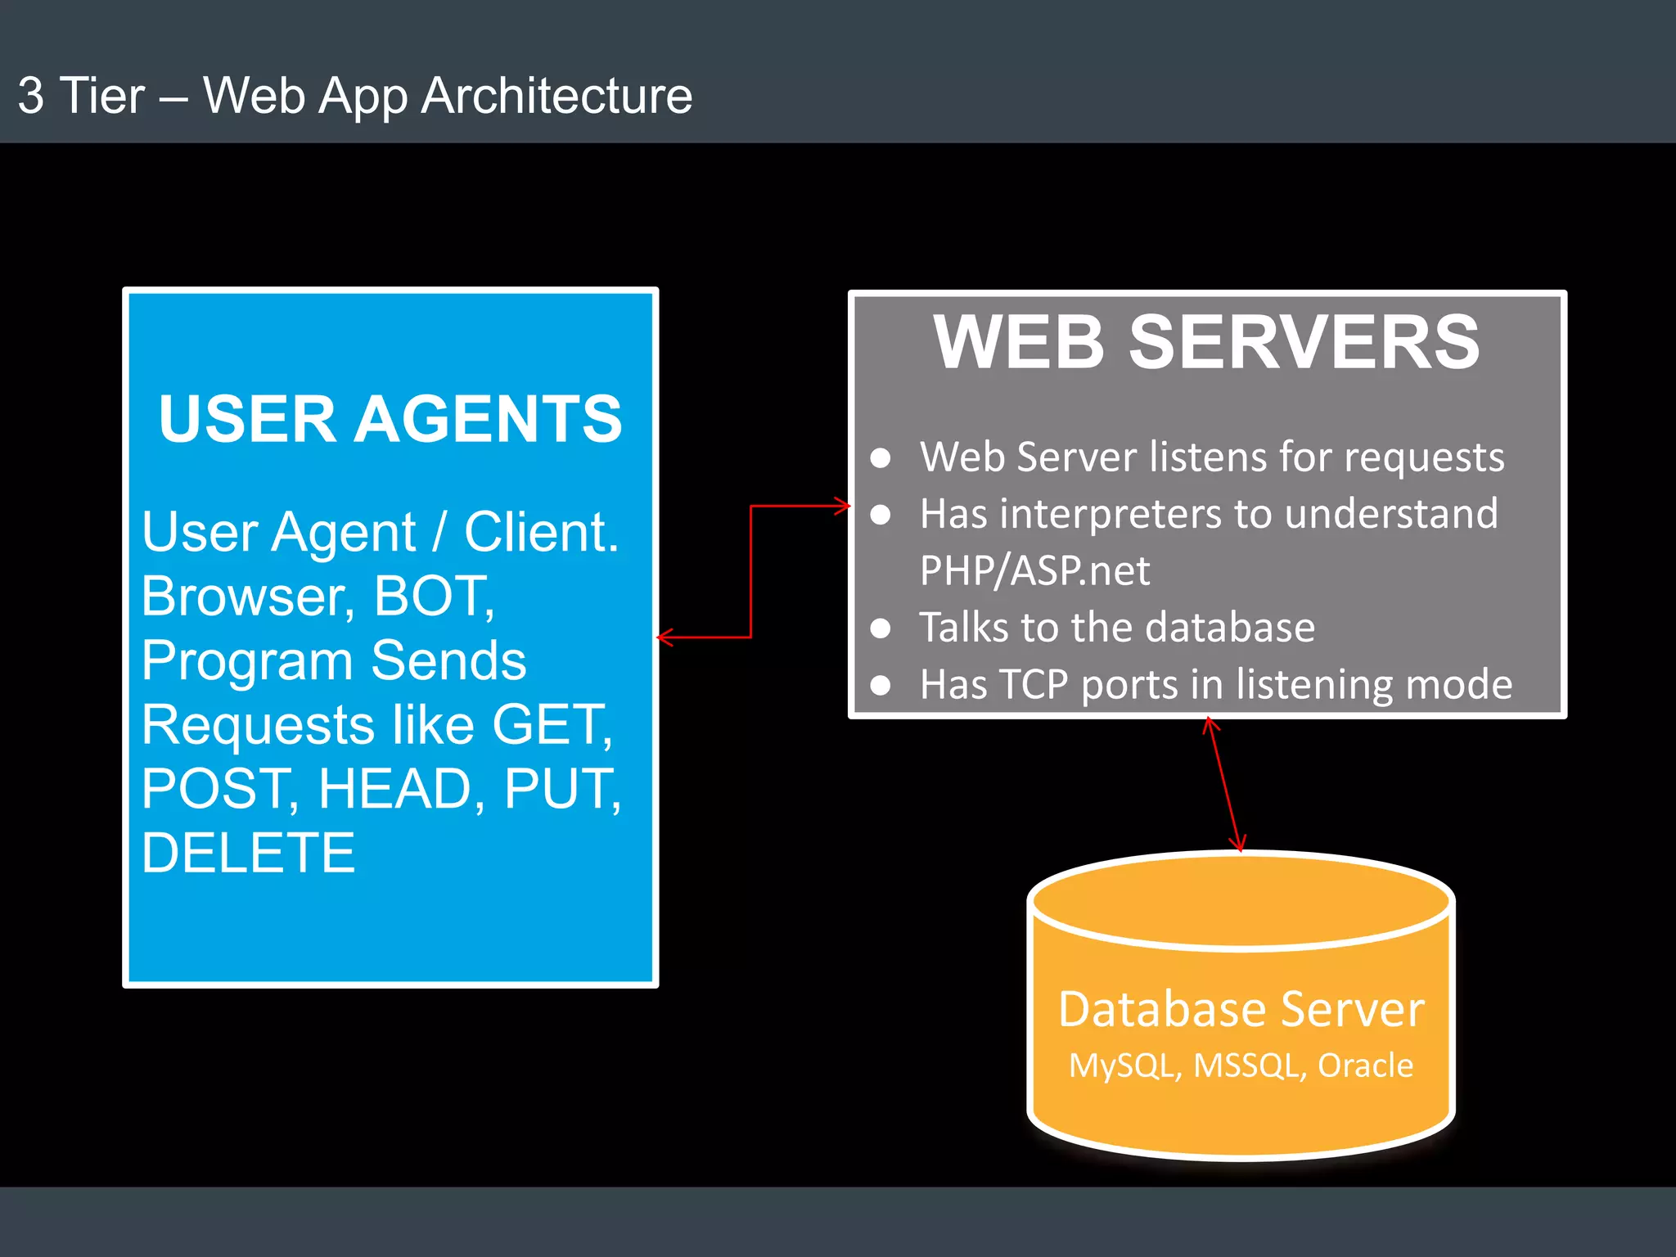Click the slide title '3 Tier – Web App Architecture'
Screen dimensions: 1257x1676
point(354,96)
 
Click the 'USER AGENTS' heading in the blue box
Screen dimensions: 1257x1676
point(390,419)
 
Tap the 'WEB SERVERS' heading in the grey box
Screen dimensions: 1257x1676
point(1206,342)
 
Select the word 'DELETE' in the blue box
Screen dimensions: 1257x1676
point(249,853)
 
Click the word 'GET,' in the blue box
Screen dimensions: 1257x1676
point(552,725)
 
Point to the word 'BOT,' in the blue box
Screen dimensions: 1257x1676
point(435,596)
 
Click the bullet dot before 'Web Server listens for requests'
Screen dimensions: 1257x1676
point(881,457)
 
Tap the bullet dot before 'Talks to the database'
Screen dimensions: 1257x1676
point(881,628)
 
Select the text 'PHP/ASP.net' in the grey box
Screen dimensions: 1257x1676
point(1034,570)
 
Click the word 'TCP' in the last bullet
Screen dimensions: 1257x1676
point(1034,684)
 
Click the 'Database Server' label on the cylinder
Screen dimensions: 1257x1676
point(1241,1009)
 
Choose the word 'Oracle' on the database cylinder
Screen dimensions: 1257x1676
point(1365,1066)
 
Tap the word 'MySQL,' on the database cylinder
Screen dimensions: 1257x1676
point(1125,1066)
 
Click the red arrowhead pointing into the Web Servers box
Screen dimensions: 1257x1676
point(843,506)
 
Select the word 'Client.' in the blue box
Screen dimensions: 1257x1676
point(541,532)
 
